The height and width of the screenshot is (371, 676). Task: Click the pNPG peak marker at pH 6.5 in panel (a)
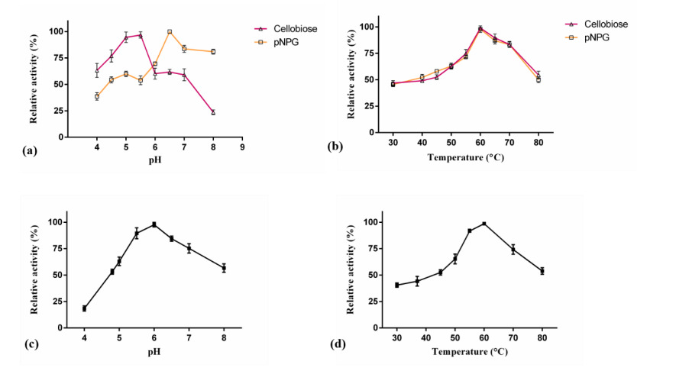click(170, 32)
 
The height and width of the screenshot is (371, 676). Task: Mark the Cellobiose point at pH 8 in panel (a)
click(213, 112)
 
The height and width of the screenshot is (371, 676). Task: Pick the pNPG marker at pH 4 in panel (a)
click(97, 96)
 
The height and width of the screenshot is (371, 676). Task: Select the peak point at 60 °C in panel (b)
click(480, 29)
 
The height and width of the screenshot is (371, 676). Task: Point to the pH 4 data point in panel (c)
click(84, 308)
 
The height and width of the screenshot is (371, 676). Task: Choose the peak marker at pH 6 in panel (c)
click(154, 224)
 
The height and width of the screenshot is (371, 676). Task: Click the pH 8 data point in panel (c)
click(224, 268)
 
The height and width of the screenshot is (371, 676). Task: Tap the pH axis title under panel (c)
click(154, 350)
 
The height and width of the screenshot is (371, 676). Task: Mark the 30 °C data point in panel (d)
click(397, 285)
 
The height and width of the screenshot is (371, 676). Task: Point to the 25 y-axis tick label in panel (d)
click(373, 302)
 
